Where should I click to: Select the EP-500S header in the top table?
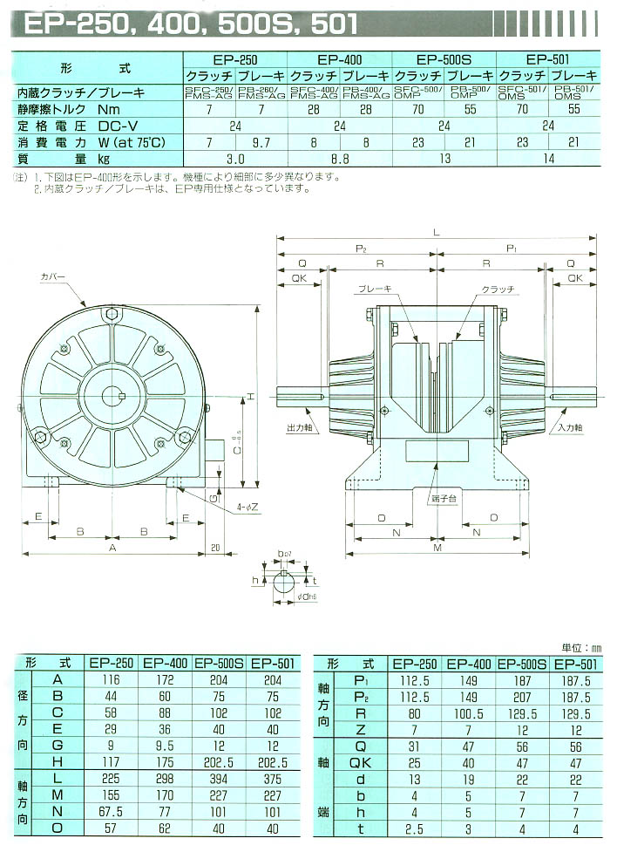tap(444, 60)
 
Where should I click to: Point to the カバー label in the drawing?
tap(52, 277)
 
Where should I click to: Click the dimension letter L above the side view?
tap(436, 230)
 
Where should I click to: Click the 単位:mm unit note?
tap(581, 647)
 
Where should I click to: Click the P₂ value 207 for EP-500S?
tap(523, 697)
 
